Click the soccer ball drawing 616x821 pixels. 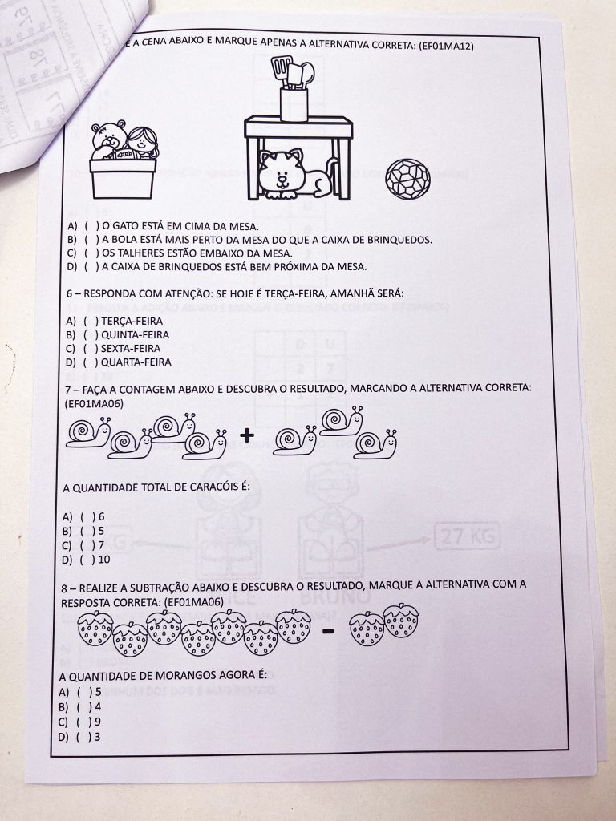click(407, 177)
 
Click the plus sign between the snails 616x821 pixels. click(248, 435)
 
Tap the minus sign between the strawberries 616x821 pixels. click(327, 631)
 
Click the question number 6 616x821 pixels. click(70, 293)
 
